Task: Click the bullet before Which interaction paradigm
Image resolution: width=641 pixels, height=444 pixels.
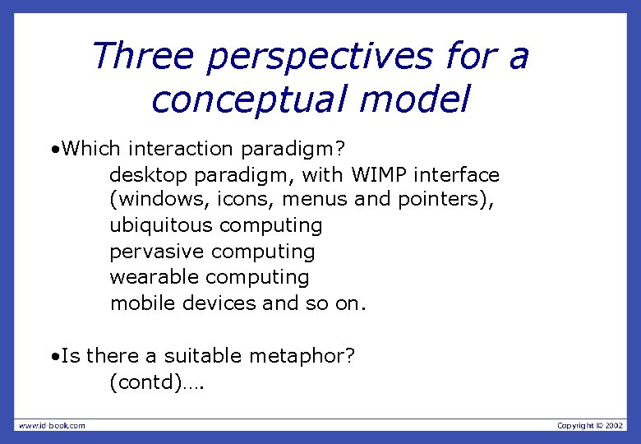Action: (53, 150)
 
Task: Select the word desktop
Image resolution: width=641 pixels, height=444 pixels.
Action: (147, 175)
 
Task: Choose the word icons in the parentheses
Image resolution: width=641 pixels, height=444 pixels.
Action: (228, 200)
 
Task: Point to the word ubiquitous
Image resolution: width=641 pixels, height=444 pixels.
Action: (161, 225)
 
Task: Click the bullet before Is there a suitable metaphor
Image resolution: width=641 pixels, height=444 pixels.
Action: (53, 357)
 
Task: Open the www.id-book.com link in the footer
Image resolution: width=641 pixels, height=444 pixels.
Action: (52, 425)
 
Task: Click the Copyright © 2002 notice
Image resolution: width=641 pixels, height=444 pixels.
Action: (590, 425)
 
